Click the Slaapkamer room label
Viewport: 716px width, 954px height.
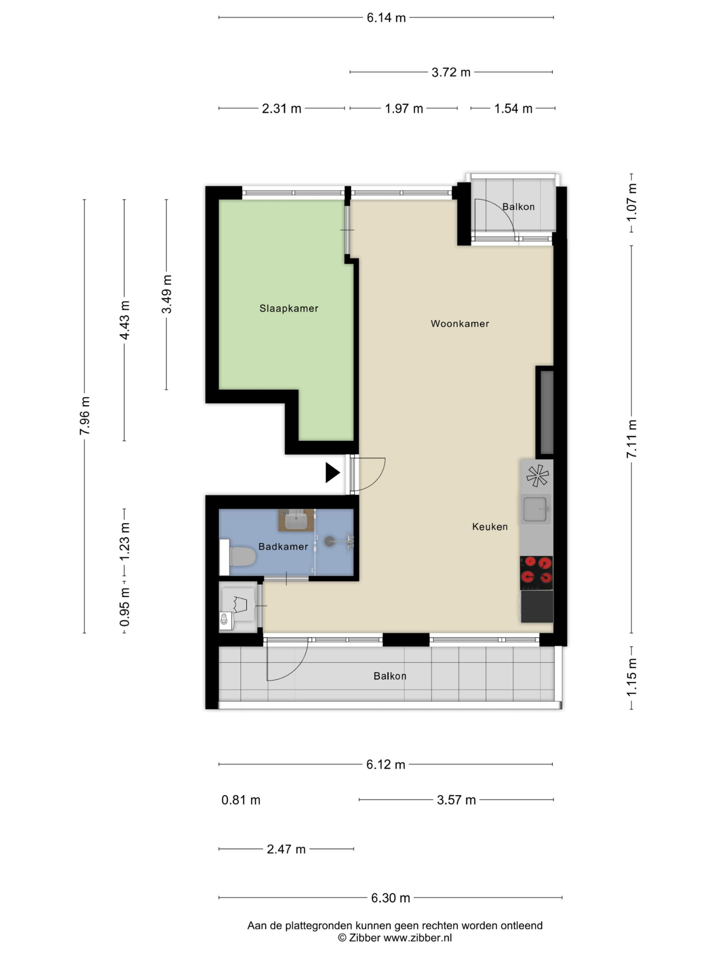[x=289, y=308]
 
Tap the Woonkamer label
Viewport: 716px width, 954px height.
[x=460, y=323]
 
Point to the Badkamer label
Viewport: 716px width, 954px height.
[x=283, y=546]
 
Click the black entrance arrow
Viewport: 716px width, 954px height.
[x=332, y=472]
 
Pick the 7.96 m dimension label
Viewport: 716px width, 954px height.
[x=85, y=416]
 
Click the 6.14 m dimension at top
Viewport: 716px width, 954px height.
[x=386, y=18]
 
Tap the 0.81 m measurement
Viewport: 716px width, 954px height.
[x=241, y=800]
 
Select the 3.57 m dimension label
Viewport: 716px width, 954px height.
[x=456, y=800]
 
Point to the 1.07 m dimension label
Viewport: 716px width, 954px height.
[x=631, y=202]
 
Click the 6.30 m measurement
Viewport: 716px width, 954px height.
[x=390, y=898]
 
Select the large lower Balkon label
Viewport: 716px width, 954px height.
[x=390, y=676]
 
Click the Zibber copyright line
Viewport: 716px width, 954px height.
[x=395, y=938]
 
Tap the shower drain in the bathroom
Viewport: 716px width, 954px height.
[x=329, y=541]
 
